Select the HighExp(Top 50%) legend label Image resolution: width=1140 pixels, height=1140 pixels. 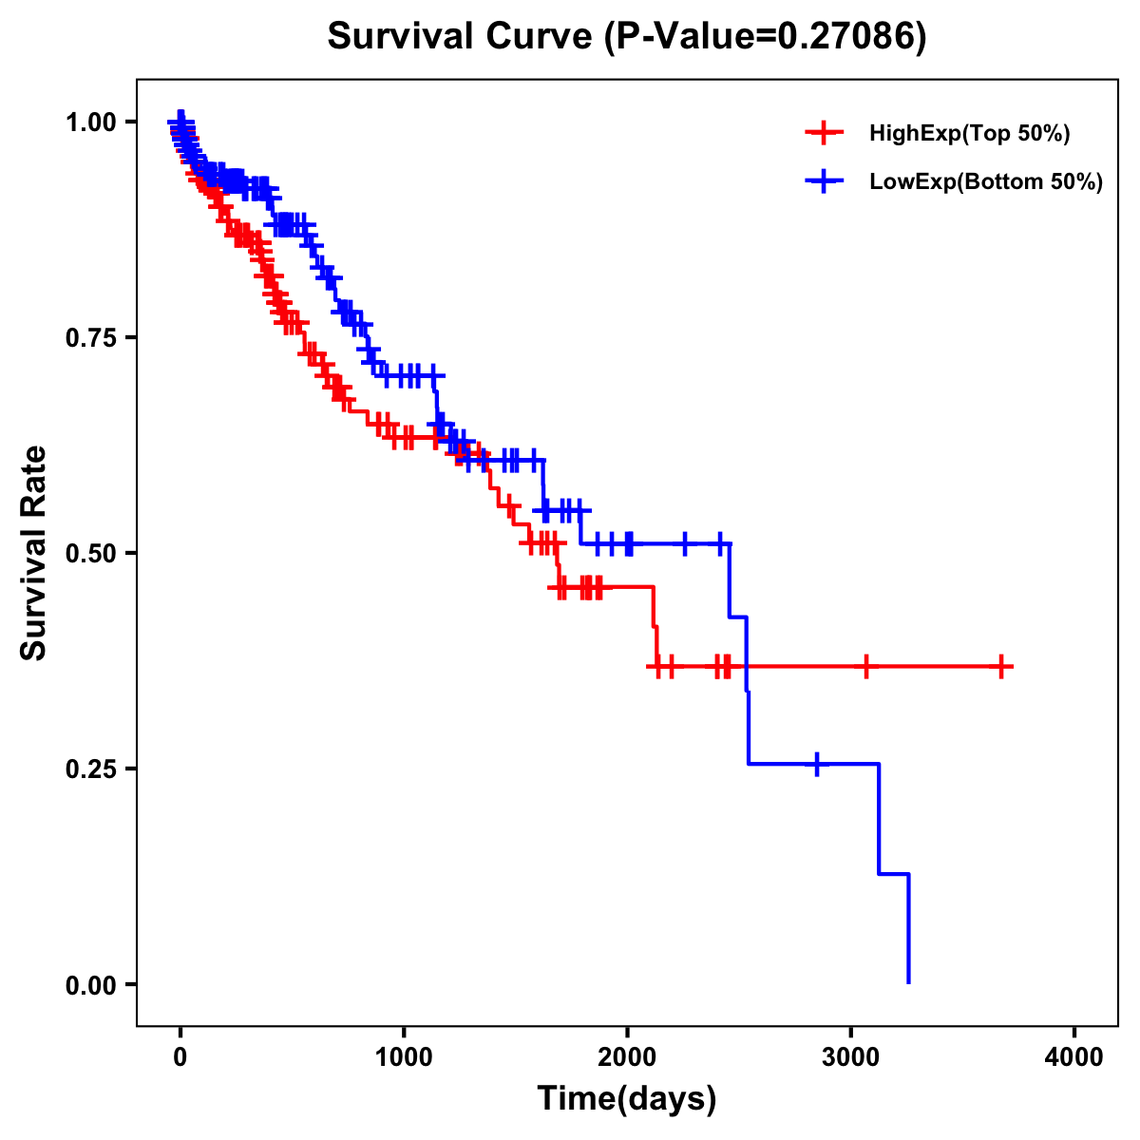pyautogui.click(x=969, y=134)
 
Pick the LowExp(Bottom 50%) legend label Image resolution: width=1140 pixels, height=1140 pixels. pyautogui.click(x=986, y=182)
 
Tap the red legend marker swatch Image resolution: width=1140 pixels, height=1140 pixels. pyautogui.click(x=824, y=134)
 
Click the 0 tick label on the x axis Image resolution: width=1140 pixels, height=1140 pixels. pyautogui.click(x=180, y=1058)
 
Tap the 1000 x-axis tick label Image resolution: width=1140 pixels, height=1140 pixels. pyautogui.click(x=404, y=1058)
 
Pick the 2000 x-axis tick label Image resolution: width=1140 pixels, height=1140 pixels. pyautogui.click(x=627, y=1058)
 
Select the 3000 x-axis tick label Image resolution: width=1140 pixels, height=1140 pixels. pyautogui.click(x=851, y=1058)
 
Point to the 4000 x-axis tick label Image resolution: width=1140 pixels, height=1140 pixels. pyautogui.click(x=1074, y=1058)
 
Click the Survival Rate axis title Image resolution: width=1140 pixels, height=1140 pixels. pyautogui.click(x=34, y=553)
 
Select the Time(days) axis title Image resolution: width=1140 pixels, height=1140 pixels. pyautogui.click(x=626, y=1099)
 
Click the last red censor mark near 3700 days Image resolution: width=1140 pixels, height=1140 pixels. pyautogui.click(x=1001, y=667)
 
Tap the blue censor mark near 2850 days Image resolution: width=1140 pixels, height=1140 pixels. pyautogui.click(x=816, y=764)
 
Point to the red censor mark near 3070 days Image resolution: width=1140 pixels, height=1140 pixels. pyautogui.click(x=865, y=667)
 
